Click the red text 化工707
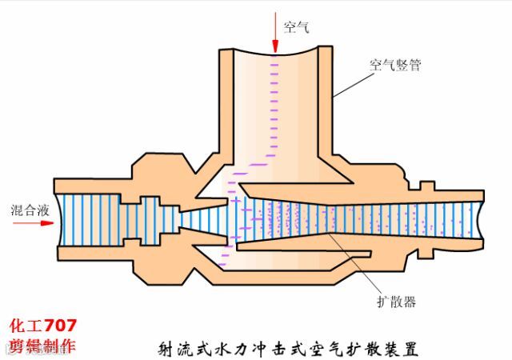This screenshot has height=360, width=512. point(43,326)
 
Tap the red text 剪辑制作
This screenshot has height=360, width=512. point(43,346)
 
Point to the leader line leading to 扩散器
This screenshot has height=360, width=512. point(364,272)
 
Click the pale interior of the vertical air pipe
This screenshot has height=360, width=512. point(276,112)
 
